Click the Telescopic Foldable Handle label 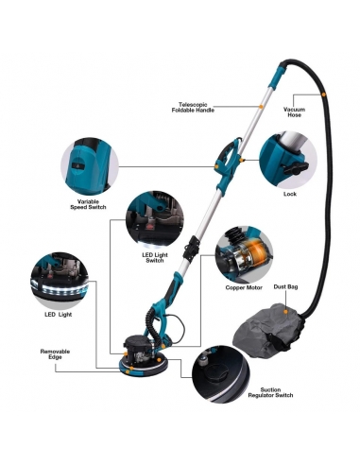193,108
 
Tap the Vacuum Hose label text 294,112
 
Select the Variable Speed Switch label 88,204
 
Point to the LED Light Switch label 155,258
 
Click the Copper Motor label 244,287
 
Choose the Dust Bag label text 285,286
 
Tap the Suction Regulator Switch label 270,392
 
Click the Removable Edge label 55,354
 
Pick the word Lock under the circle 290,194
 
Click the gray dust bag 267,331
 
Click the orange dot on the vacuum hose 323,95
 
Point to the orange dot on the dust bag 285,312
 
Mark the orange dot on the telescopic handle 261,107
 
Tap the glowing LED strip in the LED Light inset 60,288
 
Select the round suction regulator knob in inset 218,372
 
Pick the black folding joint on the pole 193,249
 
